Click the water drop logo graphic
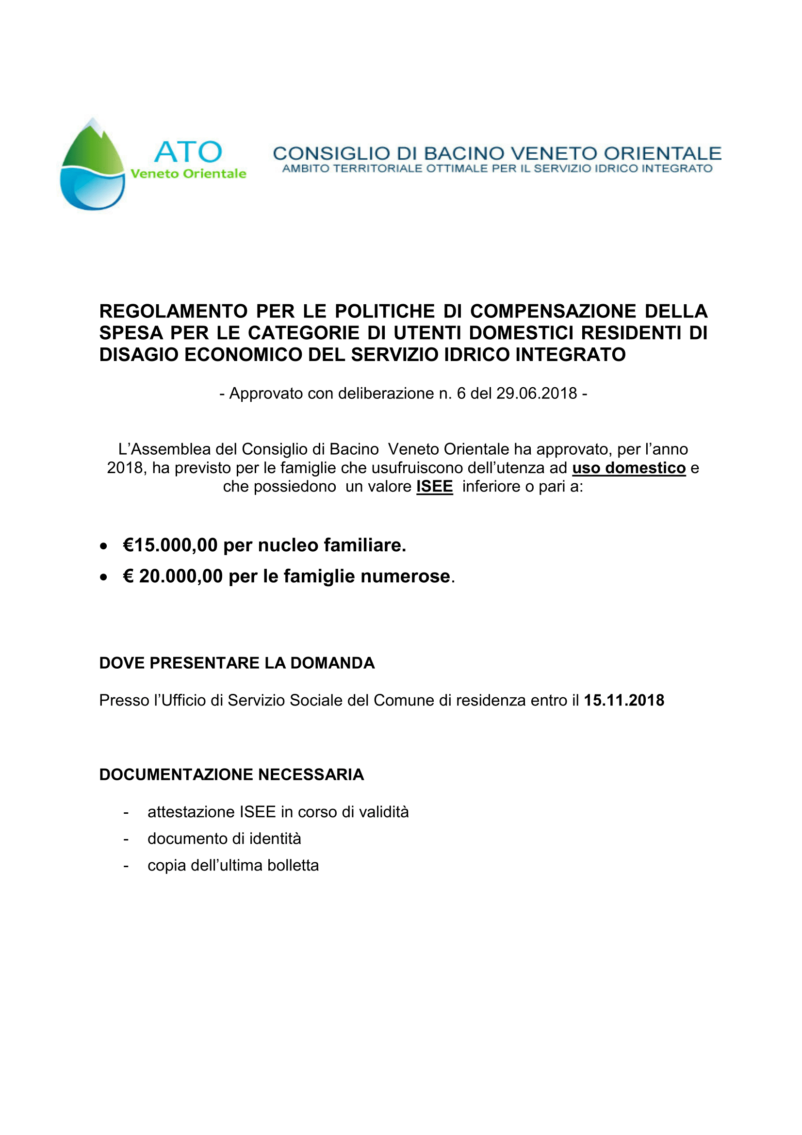coord(92,165)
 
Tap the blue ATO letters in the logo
coord(188,152)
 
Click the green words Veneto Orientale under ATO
coord(188,174)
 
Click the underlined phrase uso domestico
coord(629,468)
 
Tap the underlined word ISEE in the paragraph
coord(434,486)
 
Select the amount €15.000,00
coord(170,545)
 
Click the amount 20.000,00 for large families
coord(181,576)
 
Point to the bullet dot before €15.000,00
coord(103,546)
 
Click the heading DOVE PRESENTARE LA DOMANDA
coord(237,663)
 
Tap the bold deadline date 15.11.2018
coord(623,701)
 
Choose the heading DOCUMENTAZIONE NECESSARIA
coord(231,774)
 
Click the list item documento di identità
coord(224,839)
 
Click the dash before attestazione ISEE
coord(126,812)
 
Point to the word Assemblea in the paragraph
coord(182,449)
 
